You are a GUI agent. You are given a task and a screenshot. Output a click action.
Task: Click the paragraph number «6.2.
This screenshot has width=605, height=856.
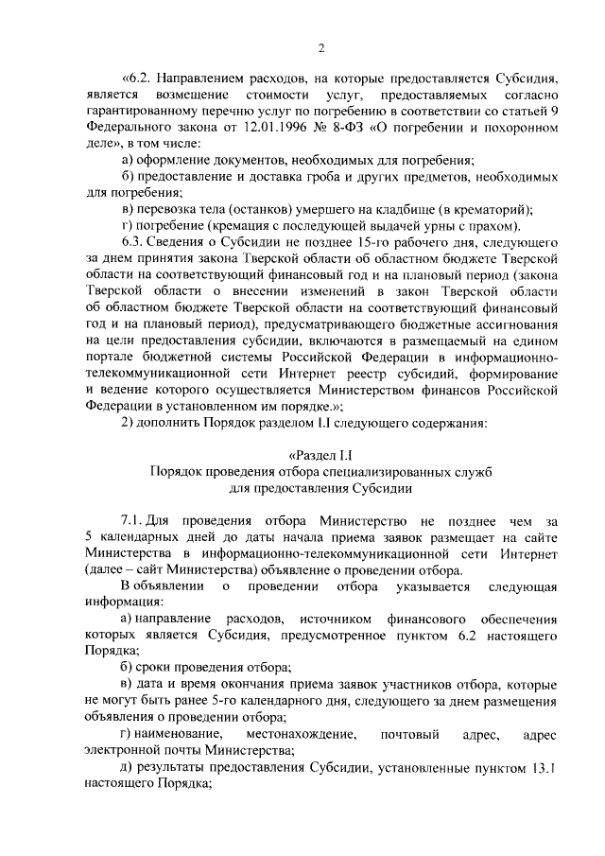139,79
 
